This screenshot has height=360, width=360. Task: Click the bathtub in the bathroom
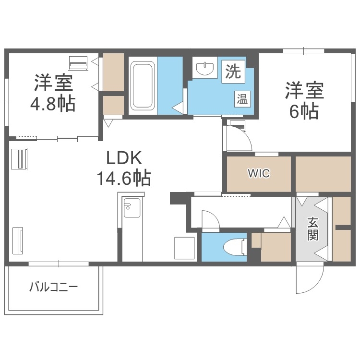(x=142, y=85)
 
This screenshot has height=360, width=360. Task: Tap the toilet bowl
(x=234, y=247)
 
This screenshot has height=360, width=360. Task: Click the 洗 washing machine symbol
(x=233, y=72)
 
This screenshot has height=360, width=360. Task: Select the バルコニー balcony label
(x=53, y=288)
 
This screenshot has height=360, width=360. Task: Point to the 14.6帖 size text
(x=124, y=179)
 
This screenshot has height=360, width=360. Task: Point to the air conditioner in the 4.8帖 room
(x=78, y=62)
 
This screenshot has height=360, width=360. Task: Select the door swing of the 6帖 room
(x=239, y=138)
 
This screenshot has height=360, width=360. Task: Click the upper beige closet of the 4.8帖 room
(x=113, y=72)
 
